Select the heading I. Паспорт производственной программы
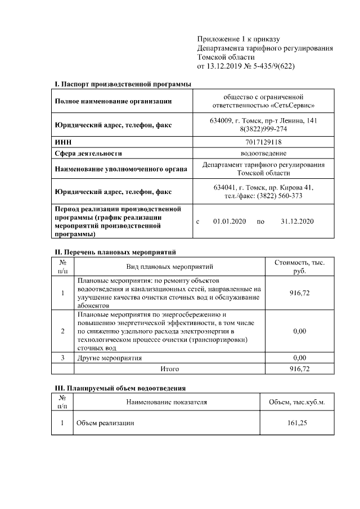coord(122,84)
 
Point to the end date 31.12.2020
coord(296,222)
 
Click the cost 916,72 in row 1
coord(299,293)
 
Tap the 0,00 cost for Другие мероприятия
coord(299,357)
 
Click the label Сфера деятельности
coord(88,153)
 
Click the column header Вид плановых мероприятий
coord(169,266)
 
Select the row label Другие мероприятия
coord(110,357)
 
